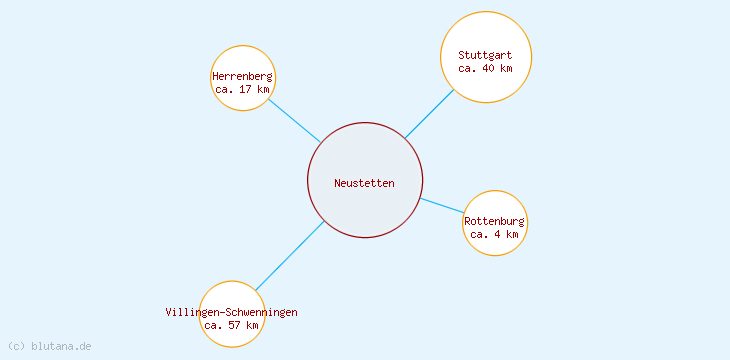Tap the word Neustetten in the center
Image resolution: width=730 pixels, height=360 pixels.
point(365,183)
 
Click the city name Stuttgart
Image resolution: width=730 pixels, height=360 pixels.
point(486,55)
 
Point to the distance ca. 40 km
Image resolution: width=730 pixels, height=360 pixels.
point(486,69)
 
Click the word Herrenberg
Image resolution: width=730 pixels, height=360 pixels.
point(243,76)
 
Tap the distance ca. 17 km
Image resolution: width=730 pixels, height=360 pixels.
point(243,90)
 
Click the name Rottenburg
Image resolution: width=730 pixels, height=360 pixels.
point(495,221)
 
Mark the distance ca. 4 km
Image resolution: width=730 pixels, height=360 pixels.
point(495,235)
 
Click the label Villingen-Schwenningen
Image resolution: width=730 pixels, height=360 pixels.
point(232,312)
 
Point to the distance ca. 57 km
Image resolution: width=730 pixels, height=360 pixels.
point(232,326)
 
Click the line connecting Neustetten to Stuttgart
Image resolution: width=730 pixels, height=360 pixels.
point(429,114)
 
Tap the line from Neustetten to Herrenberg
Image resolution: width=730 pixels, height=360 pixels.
point(294,120)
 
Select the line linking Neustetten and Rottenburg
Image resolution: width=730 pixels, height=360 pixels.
point(442,205)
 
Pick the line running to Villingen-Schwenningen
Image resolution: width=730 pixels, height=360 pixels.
point(289,256)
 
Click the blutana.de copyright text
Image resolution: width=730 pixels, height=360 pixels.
point(61,346)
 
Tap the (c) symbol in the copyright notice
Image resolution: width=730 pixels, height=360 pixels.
point(16,346)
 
